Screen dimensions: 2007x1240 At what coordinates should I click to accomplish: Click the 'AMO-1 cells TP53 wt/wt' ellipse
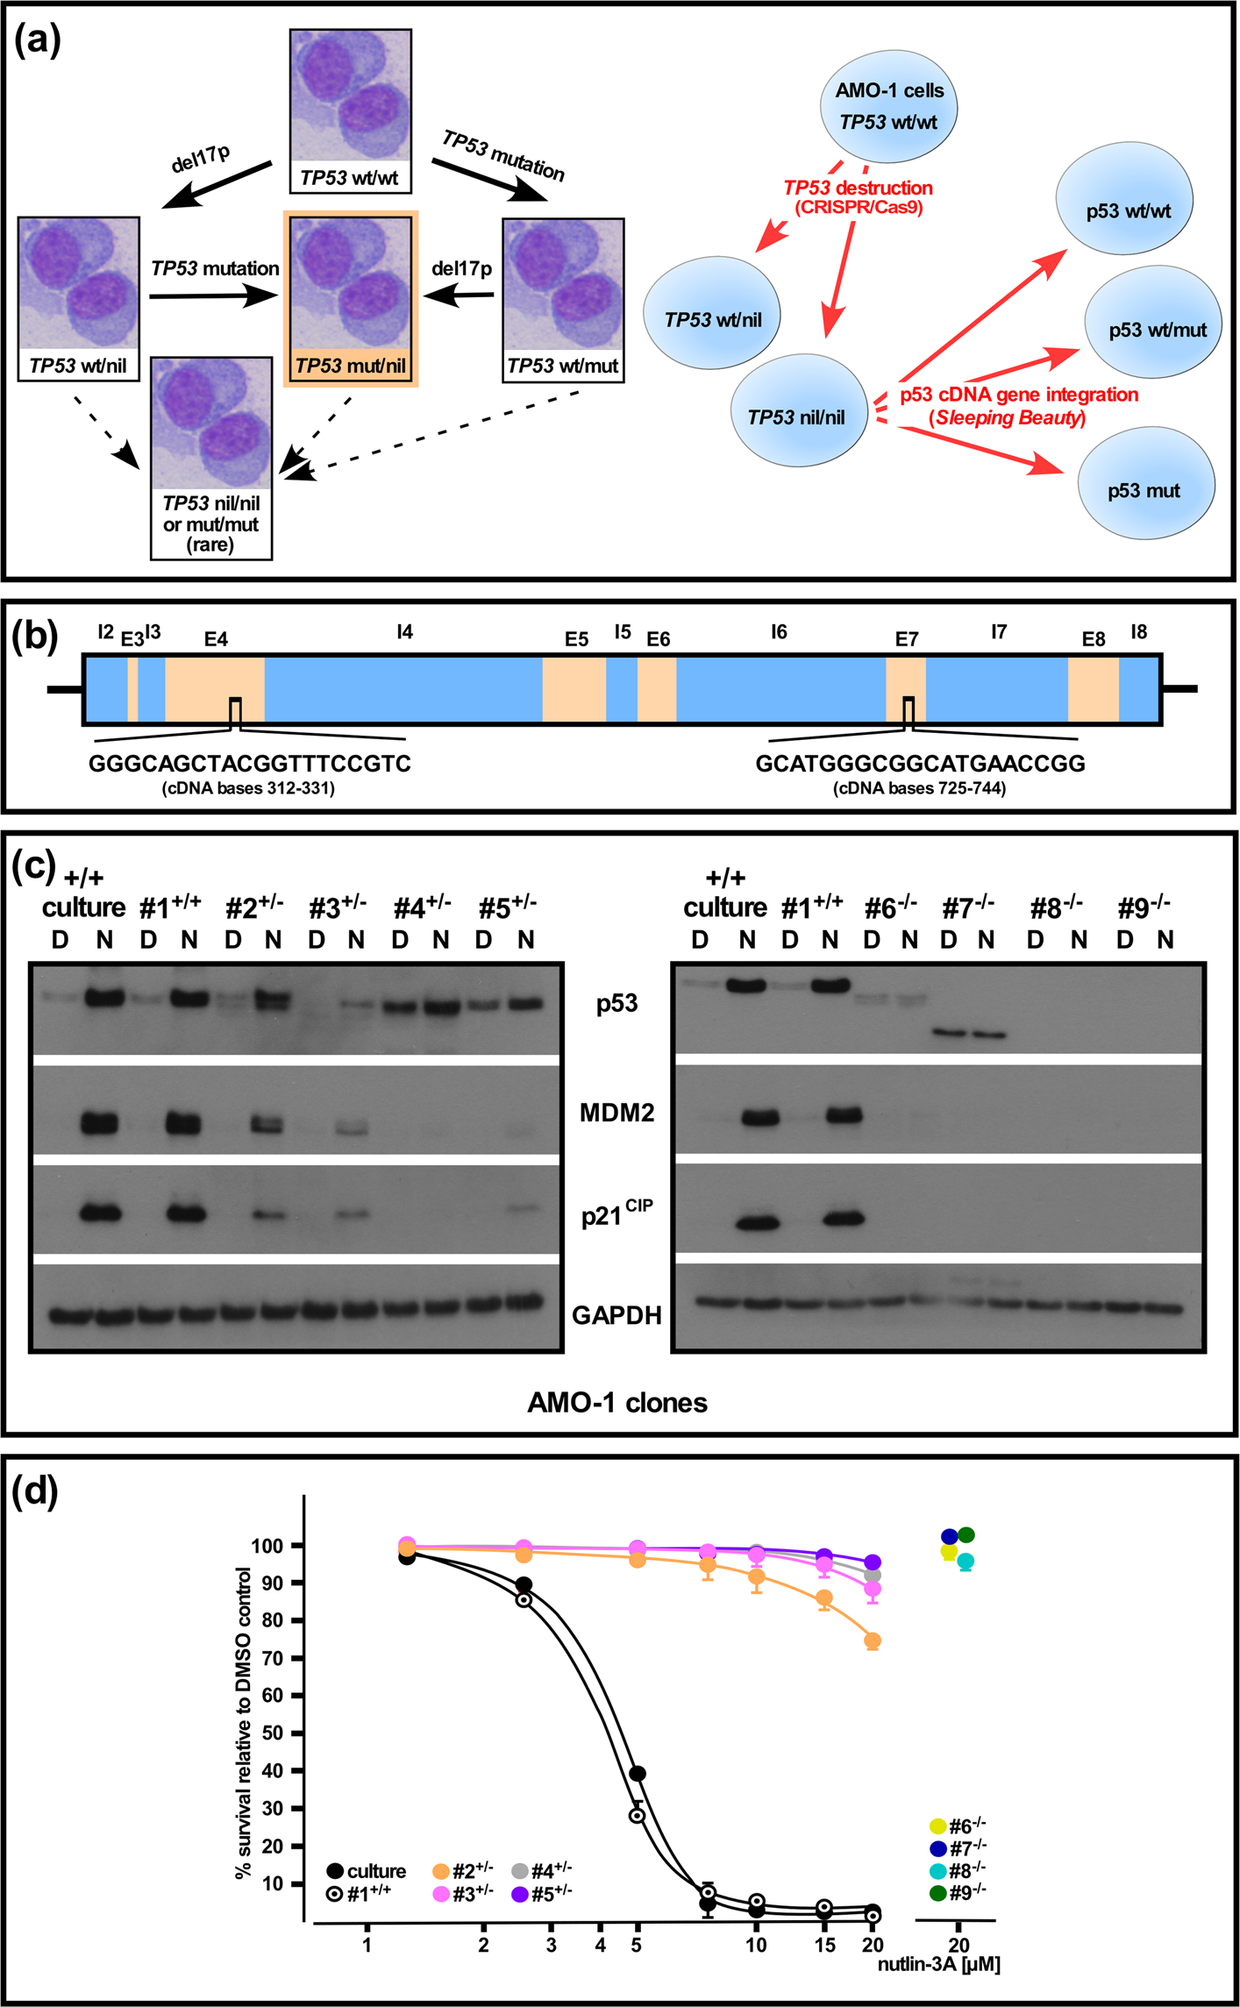[x=888, y=106]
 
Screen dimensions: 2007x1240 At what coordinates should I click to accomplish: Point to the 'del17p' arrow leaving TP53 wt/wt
[x=218, y=184]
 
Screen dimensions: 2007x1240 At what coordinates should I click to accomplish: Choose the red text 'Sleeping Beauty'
[x=1008, y=418]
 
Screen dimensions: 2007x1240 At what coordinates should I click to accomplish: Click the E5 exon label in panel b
[x=576, y=639]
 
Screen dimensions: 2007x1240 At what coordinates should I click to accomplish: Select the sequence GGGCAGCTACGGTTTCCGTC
[x=250, y=764]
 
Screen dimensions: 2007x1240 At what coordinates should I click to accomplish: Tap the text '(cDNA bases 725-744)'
[x=919, y=788]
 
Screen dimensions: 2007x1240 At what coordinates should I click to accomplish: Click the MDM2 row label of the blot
[x=616, y=1113]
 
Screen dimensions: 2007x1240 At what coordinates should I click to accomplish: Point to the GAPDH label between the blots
[x=616, y=1314]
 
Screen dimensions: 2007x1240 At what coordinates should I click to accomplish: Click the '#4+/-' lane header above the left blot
[x=422, y=907]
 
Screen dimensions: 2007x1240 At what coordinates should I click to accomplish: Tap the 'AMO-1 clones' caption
[x=616, y=1403]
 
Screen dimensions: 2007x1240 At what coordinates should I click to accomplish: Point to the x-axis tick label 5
[x=636, y=1945]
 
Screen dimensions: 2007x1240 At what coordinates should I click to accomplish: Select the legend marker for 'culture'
[x=335, y=1871]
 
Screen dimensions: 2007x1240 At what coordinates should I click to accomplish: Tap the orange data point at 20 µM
[x=873, y=1640]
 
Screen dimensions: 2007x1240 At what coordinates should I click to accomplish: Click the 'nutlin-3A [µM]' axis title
[x=938, y=1964]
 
